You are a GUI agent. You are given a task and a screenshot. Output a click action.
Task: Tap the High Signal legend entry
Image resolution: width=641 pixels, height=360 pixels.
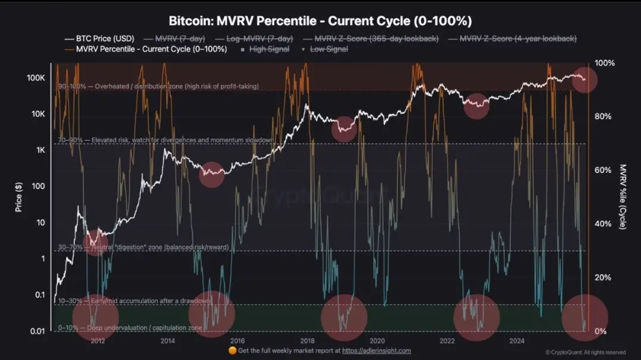(x=269, y=49)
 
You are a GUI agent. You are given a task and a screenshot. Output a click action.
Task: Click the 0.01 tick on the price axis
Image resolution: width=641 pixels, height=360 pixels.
(x=37, y=331)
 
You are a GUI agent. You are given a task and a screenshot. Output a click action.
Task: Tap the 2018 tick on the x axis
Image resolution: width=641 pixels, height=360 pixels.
(x=307, y=340)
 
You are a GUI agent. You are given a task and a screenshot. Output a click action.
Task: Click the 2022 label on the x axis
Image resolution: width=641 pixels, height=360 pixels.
(x=447, y=340)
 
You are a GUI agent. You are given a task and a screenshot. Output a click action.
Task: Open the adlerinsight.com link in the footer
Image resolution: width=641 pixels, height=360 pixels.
(x=377, y=350)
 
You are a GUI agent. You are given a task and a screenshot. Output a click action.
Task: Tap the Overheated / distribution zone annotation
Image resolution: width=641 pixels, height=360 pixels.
(x=158, y=86)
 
